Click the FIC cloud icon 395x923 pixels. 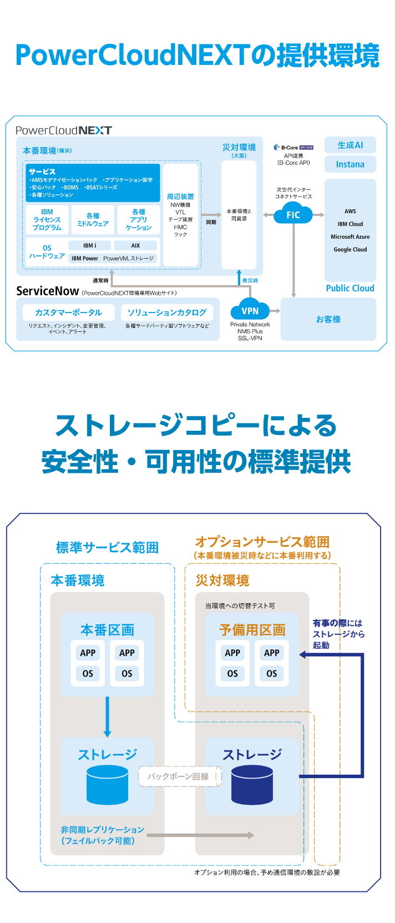[x=293, y=215]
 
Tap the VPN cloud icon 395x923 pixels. [x=250, y=311]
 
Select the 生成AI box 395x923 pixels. [x=350, y=145]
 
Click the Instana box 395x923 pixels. [x=350, y=164]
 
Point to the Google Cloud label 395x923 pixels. [x=350, y=250]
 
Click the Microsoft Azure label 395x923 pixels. [x=350, y=237]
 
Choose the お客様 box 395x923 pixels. [x=328, y=319]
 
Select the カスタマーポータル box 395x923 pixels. [x=68, y=312]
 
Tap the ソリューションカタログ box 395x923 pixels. [x=167, y=312]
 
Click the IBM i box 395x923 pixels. [x=89, y=245]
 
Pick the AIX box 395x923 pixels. [x=135, y=245]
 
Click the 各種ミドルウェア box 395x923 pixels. [x=93, y=220]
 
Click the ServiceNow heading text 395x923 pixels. [x=47, y=291]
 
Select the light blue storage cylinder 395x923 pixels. [x=107, y=785]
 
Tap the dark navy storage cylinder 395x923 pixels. [x=252, y=785]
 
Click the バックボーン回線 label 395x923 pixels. [x=179, y=776]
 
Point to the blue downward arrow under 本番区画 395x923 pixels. [x=107, y=717]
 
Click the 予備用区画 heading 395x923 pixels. [x=252, y=630]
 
